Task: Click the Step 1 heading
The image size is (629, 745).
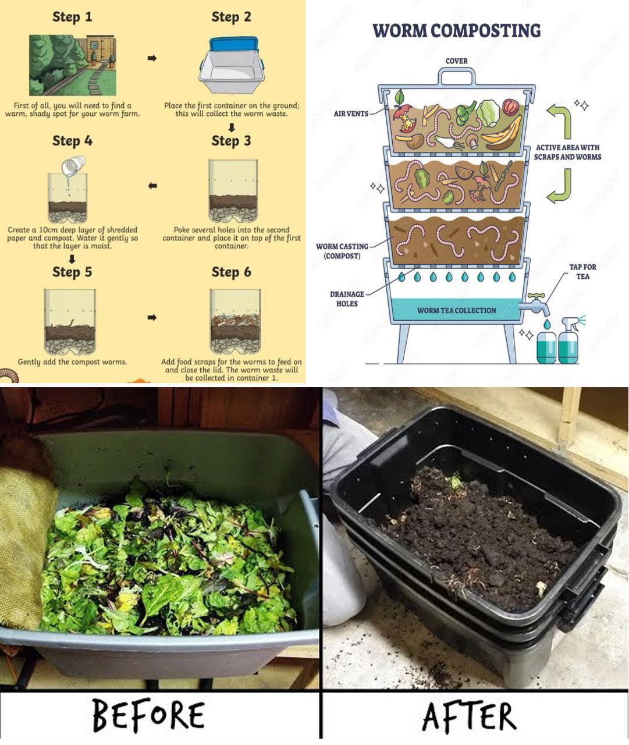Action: coord(72,17)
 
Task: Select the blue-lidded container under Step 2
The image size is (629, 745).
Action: coord(232,65)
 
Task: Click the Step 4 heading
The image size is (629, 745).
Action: coord(72,141)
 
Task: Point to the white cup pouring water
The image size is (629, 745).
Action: coord(74,166)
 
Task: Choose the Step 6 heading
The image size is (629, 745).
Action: coord(231,272)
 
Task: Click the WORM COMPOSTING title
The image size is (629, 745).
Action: coord(457,31)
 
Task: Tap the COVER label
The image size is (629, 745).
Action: coord(456,61)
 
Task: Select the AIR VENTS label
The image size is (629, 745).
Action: coord(351,114)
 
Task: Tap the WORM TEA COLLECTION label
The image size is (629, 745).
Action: coord(456,311)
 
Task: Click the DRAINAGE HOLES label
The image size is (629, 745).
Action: coord(347,299)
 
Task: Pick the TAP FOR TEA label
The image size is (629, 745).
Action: coord(582,272)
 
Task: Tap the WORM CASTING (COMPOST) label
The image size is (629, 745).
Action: coord(342,251)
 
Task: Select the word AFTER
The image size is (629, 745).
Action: coord(469,716)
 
